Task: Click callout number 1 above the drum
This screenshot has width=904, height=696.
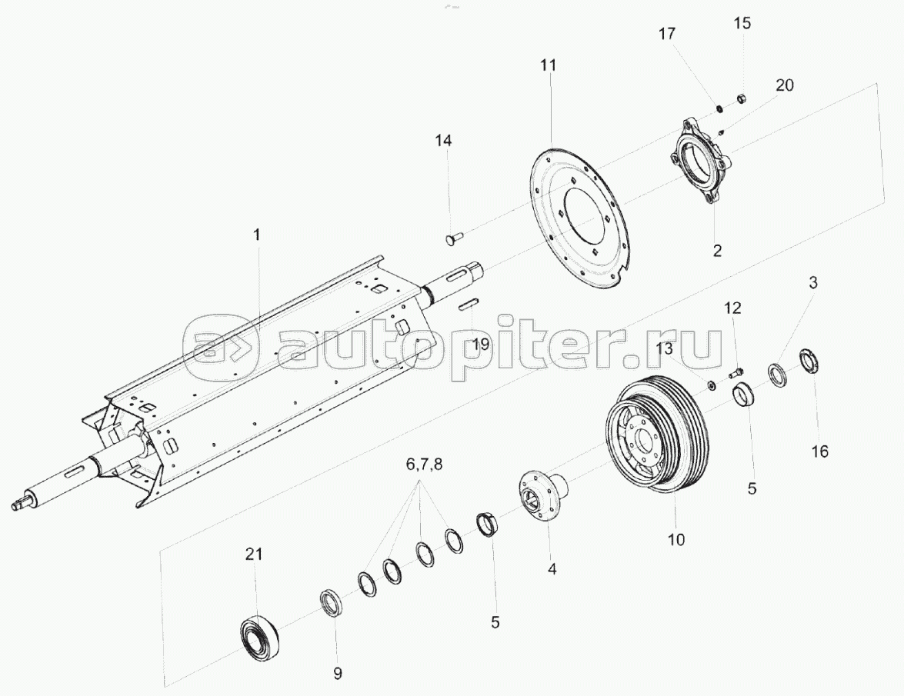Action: point(257,233)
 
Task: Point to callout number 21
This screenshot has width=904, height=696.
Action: point(254,554)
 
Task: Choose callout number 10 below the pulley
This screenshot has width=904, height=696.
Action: point(675,539)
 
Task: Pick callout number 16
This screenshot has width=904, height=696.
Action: point(820,451)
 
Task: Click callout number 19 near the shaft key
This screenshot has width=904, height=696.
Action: point(480,345)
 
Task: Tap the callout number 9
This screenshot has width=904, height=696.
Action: point(337,674)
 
